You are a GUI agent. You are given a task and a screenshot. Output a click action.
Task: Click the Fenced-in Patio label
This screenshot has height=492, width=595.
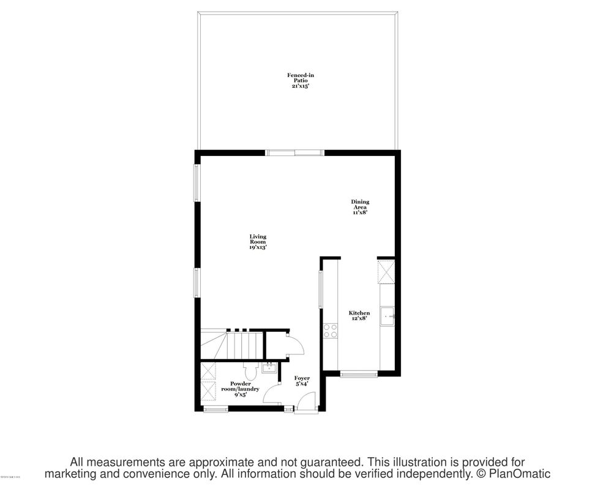tap(301, 81)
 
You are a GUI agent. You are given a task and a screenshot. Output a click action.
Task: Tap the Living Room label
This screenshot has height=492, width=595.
tap(258, 242)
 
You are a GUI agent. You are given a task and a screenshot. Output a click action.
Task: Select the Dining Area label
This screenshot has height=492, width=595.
tap(360, 207)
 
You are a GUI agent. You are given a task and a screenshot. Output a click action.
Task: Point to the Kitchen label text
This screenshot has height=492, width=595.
tap(359, 316)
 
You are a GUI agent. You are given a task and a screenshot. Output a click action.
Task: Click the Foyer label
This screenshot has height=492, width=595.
tap(302, 381)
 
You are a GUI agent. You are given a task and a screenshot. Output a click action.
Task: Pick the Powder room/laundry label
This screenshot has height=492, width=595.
tap(240, 389)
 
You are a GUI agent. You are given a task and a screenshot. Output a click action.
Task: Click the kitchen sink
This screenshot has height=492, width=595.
tap(387, 317)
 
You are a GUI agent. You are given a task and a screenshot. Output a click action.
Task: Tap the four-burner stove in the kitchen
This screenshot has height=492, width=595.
tap(330, 330)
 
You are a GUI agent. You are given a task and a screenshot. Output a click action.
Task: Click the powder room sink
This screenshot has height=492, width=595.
tap(269, 368)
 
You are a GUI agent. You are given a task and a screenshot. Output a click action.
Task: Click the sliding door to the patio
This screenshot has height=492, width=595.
tap(294, 152)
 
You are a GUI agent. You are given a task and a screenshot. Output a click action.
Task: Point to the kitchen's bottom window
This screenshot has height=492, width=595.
tap(359, 373)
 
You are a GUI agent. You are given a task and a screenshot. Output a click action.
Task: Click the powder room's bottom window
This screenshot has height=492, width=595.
tap(215, 409)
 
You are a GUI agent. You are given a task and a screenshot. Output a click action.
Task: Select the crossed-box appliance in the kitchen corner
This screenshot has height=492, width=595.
tap(386, 272)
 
